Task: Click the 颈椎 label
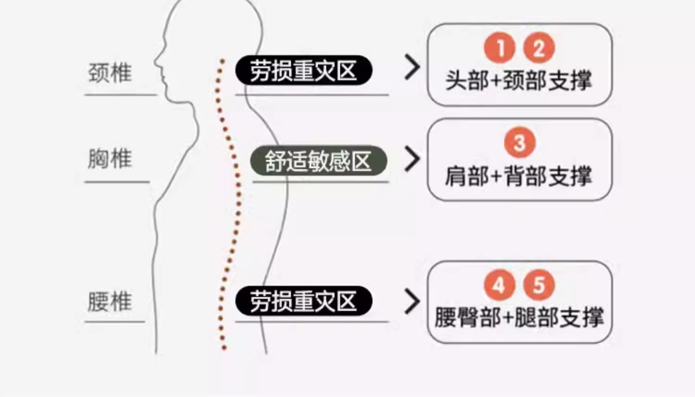pyautogui.click(x=110, y=73)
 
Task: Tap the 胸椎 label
pyautogui.click(x=110, y=159)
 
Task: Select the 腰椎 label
pyautogui.click(x=110, y=302)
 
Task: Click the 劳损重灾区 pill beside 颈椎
pyautogui.click(x=303, y=70)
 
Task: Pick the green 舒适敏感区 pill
pyautogui.click(x=318, y=161)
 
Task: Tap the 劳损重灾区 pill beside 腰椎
pyautogui.click(x=303, y=301)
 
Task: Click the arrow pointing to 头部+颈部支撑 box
pyautogui.click(x=411, y=67)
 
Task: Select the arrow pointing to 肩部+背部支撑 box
pyautogui.click(x=411, y=159)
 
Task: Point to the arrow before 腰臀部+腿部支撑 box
pyautogui.click(x=411, y=302)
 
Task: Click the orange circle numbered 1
pyautogui.click(x=499, y=48)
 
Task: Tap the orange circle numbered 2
pyautogui.click(x=538, y=48)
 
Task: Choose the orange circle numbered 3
pyautogui.click(x=519, y=143)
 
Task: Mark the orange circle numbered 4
pyautogui.click(x=499, y=285)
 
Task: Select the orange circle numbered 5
pyautogui.click(x=538, y=285)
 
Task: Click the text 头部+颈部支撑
pyautogui.click(x=519, y=81)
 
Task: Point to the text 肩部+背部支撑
pyautogui.click(x=519, y=176)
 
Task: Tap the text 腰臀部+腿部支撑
pyautogui.click(x=519, y=318)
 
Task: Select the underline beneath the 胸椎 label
pyautogui.click(x=117, y=182)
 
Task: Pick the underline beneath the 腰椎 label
pyautogui.click(x=114, y=321)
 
